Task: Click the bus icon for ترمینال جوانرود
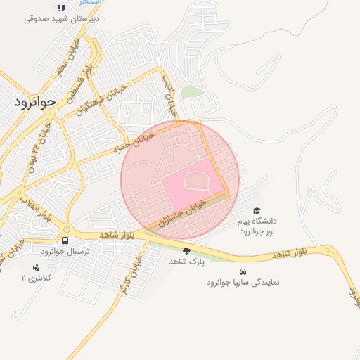click(65, 240)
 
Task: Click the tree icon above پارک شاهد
click(186, 251)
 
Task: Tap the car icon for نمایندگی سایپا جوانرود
click(243, 271)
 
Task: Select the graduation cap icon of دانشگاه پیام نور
click(257, 210)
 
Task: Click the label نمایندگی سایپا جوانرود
click(243, 282)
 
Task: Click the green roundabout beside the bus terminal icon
click(66, 229)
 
